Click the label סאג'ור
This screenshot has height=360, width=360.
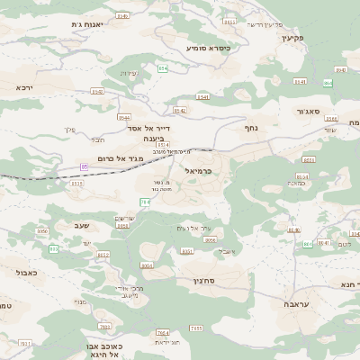point(308,112)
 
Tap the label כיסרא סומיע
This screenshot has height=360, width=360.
point(209,47)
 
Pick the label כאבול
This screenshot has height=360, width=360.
point(25,271)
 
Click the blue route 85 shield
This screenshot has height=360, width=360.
point(85,166)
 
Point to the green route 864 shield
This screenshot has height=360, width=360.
point(163,68)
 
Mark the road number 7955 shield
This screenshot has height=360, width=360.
point(196,328)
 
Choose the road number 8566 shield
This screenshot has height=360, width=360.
point(331,118)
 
